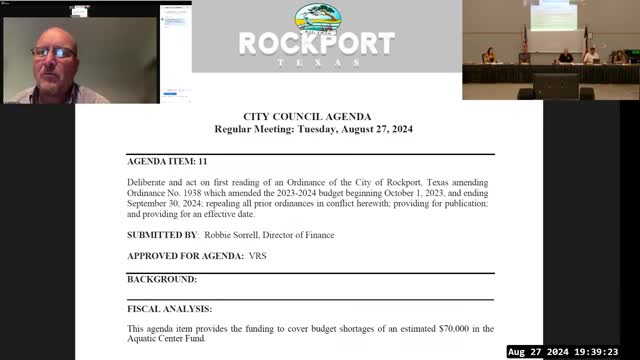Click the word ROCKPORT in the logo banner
tap(316, 44)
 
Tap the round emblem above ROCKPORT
tap(317, 18)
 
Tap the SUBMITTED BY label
tap(161, 234)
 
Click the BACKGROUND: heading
tap(162, 279)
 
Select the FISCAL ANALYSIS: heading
tap(169, 309)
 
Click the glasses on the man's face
tap(53, 52)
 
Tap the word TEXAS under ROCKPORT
tap(316, 62)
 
